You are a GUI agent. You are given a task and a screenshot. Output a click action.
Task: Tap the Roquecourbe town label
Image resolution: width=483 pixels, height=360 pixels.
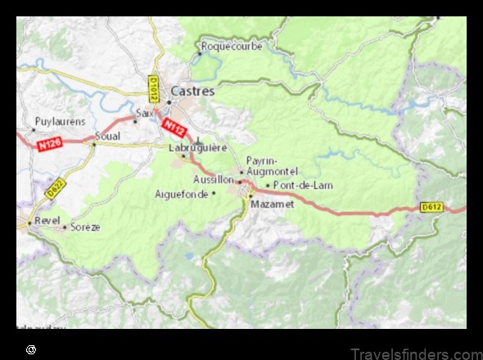[x=232, y=47]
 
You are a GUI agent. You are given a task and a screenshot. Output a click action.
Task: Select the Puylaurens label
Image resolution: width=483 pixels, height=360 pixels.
[x=59, y=121]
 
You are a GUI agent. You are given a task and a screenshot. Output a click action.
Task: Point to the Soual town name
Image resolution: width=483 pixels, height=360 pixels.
[x=107, y=135]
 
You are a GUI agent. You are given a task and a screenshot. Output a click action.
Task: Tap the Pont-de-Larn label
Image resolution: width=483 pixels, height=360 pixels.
[x=303, y=185]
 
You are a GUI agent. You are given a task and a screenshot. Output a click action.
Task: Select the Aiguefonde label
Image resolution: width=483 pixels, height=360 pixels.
[x=181, y=194]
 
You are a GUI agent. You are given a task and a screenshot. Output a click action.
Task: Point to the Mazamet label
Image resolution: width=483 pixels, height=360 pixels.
[x=272, y=204]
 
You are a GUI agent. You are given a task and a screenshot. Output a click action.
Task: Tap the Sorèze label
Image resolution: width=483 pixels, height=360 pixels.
[x=84, y=227]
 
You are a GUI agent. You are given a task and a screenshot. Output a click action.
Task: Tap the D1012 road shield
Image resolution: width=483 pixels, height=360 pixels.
[x=153, y=88]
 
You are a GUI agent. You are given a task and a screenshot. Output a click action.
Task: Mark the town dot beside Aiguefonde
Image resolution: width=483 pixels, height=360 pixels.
[x=214, y=193]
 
